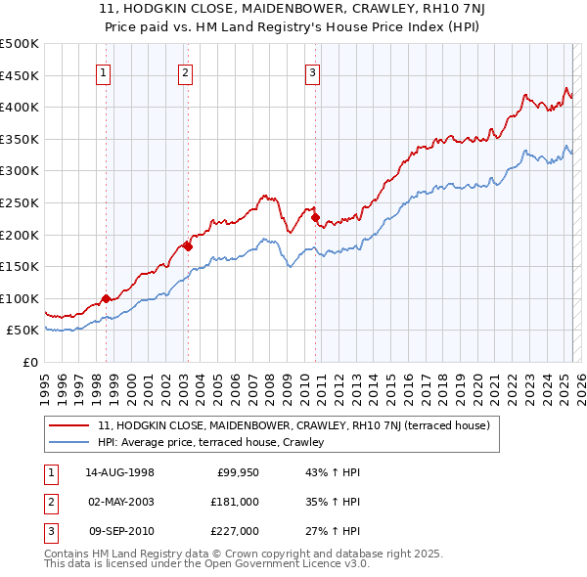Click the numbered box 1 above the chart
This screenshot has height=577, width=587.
(x=104, y=70)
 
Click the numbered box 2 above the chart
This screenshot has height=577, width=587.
(x=185, y=70)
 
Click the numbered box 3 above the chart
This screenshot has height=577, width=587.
(x=312, y=70)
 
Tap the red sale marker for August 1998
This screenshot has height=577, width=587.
(x=106, y=296)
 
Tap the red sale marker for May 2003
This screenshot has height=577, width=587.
(x=188, y=246)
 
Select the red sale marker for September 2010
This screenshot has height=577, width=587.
(x=315, y=217)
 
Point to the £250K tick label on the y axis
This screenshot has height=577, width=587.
(x=20, y=202)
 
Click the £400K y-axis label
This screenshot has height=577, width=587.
(x=20, y=107)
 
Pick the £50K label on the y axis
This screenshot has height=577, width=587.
(x=23, y=331)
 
